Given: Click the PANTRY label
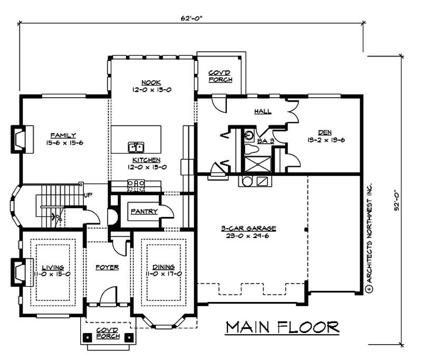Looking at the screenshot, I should click(144, 211).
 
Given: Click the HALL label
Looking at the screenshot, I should click(262, 111).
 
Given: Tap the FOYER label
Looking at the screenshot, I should click(107, 267).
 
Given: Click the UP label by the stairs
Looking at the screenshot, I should click(89, 195).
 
